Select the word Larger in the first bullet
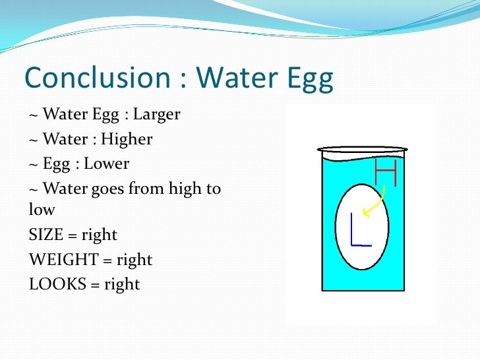[156, 115]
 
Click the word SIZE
[45, 235]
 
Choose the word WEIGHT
[58, 260]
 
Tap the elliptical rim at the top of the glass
[362, 150]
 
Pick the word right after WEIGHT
[135, 260]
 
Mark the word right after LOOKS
[123, 284]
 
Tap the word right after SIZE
[100, 235]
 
